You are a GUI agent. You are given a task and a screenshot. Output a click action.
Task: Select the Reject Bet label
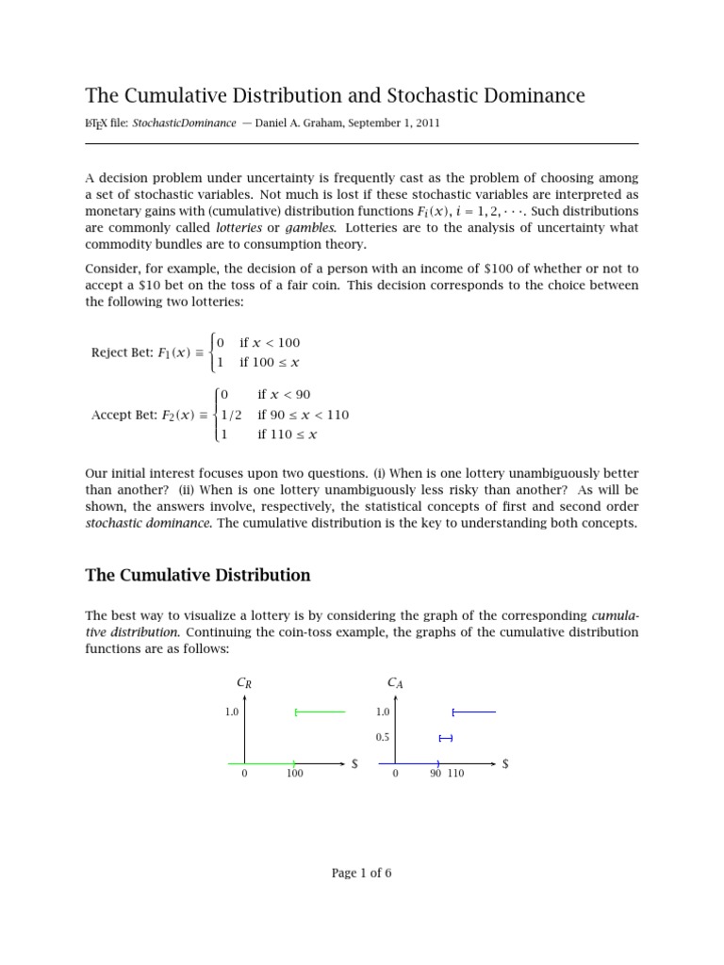click(122, 353)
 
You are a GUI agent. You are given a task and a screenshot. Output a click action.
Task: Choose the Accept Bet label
click(123, 415)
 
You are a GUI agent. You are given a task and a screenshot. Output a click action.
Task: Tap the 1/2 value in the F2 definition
click(231, 415)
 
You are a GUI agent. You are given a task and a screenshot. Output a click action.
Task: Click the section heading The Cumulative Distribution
click(198, 575)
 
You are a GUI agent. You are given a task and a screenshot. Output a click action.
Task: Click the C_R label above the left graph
click(244, 684)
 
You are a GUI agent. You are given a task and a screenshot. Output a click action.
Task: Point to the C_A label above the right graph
click(395, 683)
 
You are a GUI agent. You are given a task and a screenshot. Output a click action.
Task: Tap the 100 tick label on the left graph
click(295, 774)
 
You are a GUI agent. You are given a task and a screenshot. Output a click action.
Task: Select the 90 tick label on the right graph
click(436, 774)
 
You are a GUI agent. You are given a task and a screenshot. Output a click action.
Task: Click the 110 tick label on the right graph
click(455, 774)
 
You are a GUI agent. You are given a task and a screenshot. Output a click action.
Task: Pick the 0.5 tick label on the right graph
click(383, 738)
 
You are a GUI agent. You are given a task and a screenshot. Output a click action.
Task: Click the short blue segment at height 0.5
click(446, 738)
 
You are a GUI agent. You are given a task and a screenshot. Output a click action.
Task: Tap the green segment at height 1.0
click(321, 711)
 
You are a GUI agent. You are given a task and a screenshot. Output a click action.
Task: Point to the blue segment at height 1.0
click(474, 711)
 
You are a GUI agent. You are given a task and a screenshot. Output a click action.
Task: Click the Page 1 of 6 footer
click(361, 874)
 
